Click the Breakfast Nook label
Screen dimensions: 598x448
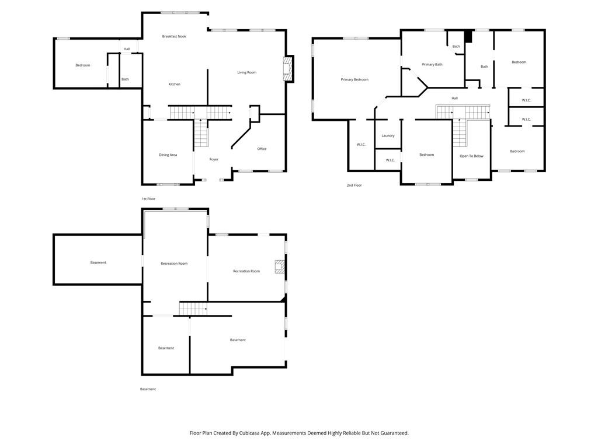click(174, 37)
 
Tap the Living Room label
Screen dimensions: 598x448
click(247, 72)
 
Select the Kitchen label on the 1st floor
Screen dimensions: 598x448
click(174, 84)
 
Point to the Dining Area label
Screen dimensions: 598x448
click(168, 155)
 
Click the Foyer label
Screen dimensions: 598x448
click(214, 159)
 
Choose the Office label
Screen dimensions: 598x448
click(262, 149)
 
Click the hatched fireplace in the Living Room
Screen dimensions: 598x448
click(288, 69)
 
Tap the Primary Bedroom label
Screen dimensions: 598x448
click(354, 79)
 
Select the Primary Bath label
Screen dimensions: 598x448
click(432, 65)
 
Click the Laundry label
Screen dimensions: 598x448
click(388, 136)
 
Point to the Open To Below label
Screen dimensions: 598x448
click(471, 156)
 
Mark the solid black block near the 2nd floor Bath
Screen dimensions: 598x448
click(468, 37)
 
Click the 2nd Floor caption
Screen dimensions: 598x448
click(354, 185)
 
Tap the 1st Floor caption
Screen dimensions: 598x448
click(148, 199)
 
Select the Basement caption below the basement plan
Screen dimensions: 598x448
click(148, 389)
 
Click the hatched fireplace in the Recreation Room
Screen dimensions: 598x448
click(280, 267)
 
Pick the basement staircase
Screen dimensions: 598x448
click(193, 309)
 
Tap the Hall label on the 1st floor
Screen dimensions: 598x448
click(127, 49)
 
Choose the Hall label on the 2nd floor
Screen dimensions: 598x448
click(454, 98)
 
